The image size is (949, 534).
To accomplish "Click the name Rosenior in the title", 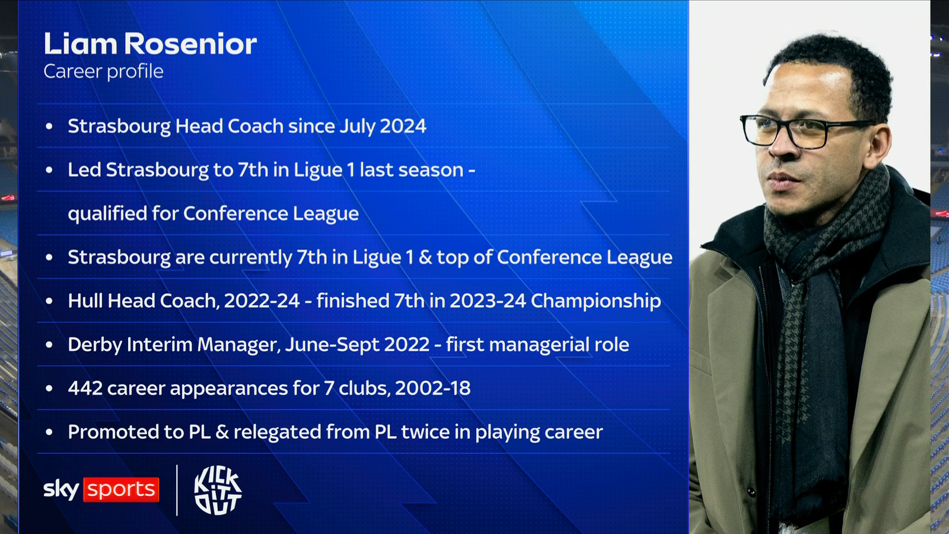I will pos(191,44).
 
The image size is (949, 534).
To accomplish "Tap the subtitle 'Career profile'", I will pos(103,71).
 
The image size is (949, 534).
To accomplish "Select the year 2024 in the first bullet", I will pos(403,126).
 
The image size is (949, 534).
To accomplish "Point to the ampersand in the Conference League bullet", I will pos(425,257).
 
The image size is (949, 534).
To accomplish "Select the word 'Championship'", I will pos(595,301).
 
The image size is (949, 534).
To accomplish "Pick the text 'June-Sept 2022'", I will pos(357,345).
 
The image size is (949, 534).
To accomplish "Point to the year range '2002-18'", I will pos(432,388).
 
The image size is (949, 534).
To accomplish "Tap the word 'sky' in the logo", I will pos(61,490).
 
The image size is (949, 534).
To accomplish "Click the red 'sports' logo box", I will pos(122,490).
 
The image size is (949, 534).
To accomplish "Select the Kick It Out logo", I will pos(218,490).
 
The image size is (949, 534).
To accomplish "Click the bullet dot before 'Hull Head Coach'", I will pos(49,301).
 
